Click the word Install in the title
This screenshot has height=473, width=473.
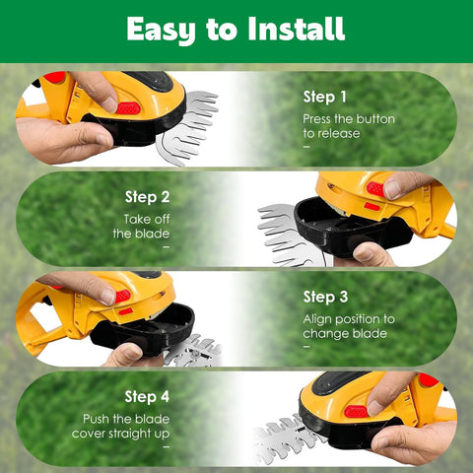(x=297, y=29)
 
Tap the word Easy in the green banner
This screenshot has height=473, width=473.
(x=161, y=31)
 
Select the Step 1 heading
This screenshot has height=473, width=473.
(x=324, y=98)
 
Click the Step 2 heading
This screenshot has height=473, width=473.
(x=148, y=197)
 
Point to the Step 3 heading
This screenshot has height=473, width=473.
(x=325, y=298)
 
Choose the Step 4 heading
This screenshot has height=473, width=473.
(x=147, y=397)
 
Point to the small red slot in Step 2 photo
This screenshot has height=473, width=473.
(x=372, y=206)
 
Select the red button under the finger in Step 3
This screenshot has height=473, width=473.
(x=123, y=296)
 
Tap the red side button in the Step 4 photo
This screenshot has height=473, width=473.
(x=357, y=411)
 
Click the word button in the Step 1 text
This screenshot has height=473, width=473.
(x=375, y=119)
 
